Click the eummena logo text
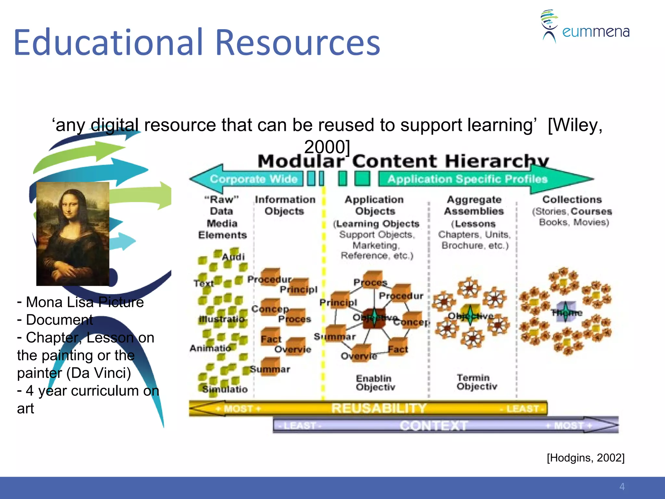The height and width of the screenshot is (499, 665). click(596, 32)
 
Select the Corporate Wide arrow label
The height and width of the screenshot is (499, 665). click(254, 179)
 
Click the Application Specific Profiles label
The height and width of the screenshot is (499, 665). click(467, 179)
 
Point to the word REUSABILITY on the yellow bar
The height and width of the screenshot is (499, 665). click(379, 408)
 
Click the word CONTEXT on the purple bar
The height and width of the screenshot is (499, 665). click(433, 425)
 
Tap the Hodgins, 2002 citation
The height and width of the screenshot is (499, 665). click(585, 458)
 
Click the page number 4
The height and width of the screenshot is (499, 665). click(622, 487)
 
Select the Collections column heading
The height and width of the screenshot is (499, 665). click(572, 199)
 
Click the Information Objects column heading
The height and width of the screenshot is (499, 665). click(285, 205)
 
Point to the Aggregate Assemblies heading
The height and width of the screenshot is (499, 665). click(474, 205)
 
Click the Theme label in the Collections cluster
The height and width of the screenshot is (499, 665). click(567, 313)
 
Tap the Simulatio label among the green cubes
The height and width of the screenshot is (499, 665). click(225, 389)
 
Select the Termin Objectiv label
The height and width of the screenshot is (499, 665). click(476, 382)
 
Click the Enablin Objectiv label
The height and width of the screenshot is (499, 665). click(375, 383)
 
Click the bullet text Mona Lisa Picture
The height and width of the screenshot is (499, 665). click(84, 302)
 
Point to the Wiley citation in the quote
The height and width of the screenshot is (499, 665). click(575, 125)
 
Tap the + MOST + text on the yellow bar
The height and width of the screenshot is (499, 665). click(238, 408)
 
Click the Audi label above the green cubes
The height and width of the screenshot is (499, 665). click(233, 257)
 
